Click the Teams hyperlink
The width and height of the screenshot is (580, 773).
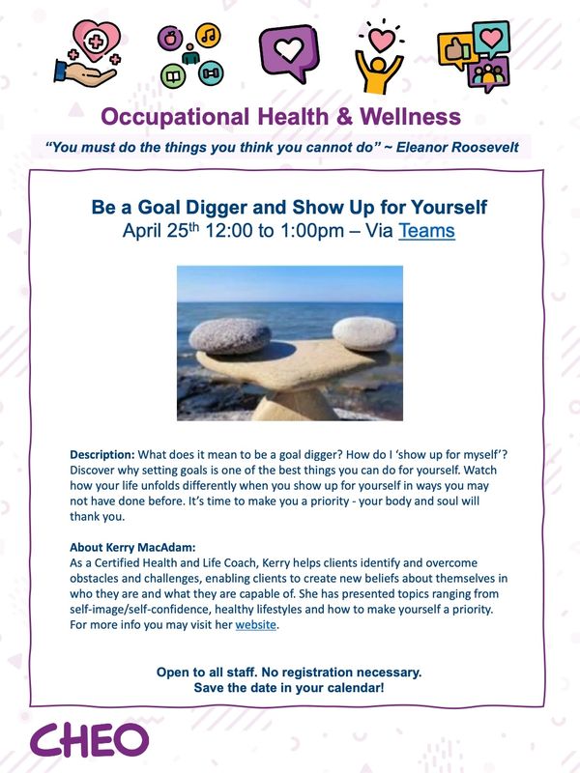(x=426, y=231)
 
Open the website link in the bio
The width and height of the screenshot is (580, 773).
(x=255, y=624)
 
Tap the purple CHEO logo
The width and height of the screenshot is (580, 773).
(x=89, y=740)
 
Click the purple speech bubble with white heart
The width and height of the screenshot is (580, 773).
(x=289, y=53)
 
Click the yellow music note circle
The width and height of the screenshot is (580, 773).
(x=208, y=35)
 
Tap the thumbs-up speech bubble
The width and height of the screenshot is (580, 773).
(x=456, y=51)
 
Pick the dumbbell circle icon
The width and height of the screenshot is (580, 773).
(x=211, y=73)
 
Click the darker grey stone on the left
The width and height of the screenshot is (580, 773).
(x=230, y=336)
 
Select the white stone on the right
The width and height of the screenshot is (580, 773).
(x=364, y=333)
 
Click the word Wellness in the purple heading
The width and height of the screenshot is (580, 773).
(x=410, y=117)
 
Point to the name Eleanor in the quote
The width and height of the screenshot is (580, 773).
(x=421, y=147)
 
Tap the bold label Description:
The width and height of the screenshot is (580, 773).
(x=102, y=454)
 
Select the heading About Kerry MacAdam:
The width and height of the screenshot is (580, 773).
(x=132, y=547)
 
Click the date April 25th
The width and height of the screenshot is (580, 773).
(x=160, y=230)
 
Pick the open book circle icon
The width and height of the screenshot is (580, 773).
(x=173, y=76)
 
